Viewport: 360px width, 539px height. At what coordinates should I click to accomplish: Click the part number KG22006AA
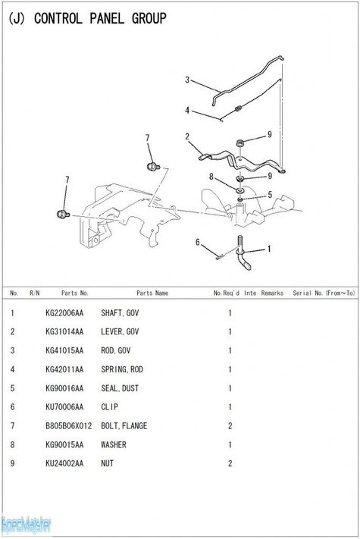64,313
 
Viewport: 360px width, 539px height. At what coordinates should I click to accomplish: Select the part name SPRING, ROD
122,369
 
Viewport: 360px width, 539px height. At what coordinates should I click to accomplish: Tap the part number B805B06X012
69,426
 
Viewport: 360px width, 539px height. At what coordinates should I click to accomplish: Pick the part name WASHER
114,445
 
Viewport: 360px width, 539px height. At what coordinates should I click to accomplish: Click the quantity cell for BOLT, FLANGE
230,426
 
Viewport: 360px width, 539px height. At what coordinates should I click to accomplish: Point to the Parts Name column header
152,293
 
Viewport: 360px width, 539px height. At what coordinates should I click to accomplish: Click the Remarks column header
272,293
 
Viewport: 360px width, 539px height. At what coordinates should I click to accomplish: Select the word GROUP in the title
149,18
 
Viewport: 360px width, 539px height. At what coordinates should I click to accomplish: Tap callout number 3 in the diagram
187,80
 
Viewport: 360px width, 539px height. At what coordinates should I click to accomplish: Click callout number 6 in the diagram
198,243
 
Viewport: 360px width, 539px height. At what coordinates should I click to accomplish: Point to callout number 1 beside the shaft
269,249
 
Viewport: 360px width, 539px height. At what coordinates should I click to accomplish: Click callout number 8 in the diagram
211,177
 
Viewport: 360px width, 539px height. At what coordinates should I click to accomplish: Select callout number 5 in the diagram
270,195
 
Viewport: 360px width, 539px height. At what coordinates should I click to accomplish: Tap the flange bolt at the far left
63,214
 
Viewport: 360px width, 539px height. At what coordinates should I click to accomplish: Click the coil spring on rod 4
239,108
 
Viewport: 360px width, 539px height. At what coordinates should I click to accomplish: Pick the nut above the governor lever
240,143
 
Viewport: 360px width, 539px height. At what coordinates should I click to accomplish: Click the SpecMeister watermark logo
26,525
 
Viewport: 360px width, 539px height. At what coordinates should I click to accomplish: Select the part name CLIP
110,407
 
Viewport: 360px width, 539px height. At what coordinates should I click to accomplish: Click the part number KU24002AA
64,463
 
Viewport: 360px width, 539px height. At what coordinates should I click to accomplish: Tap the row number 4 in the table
13,369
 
